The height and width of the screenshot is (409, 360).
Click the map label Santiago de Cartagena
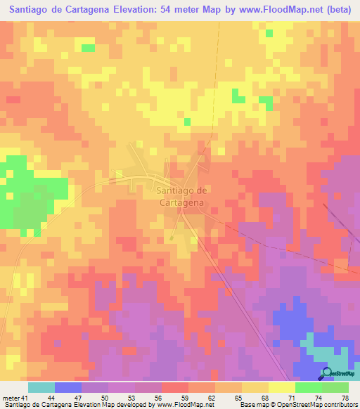(x=179, y=196)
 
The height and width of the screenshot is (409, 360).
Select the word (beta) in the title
(x=340, y=10)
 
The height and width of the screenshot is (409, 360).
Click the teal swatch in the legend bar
(x=41, y=388)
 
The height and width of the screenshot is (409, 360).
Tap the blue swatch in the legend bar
(x=68, y=388)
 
